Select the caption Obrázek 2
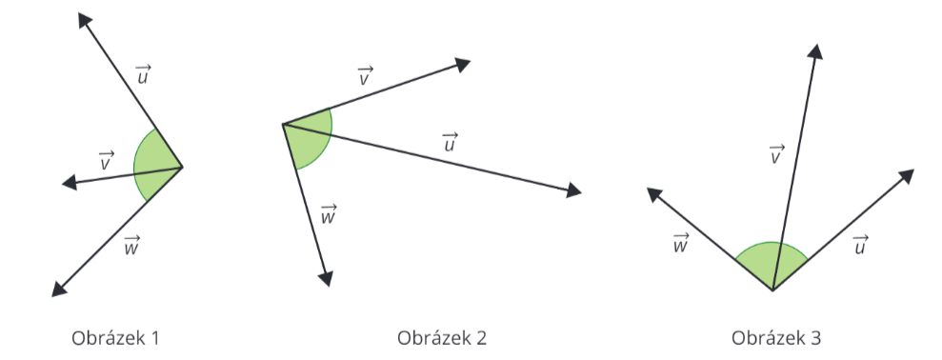coord(442,338)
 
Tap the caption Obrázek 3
coord(776,338)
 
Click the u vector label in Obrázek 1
coord(144,74)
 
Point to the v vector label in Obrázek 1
coord(107,162)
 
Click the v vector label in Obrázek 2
coord(365,76)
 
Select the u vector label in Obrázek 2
coord(451,143)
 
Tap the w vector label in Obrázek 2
coord(329,215)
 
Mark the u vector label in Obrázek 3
coord(861,245)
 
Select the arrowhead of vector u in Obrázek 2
coord(573,190)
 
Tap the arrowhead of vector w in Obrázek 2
coord(327,277)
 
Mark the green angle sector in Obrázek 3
coord(772,261)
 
